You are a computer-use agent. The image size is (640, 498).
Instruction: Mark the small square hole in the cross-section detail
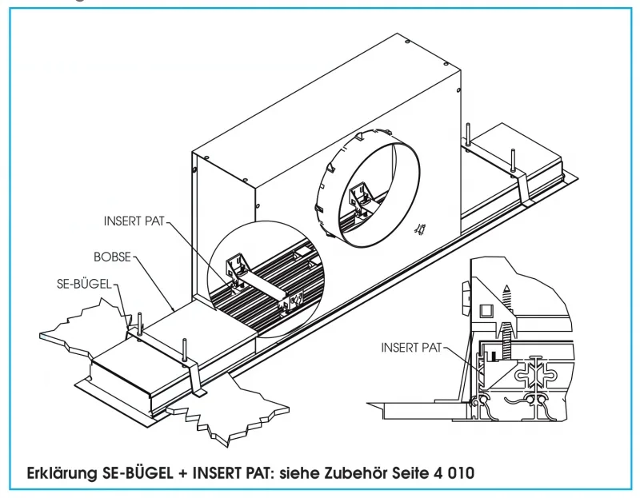pos(485,309)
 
